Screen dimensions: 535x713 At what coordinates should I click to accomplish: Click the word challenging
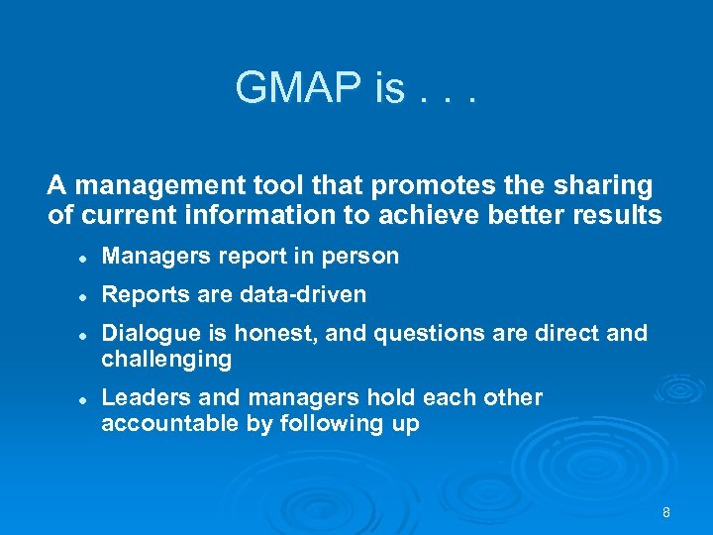coord(166,360)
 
